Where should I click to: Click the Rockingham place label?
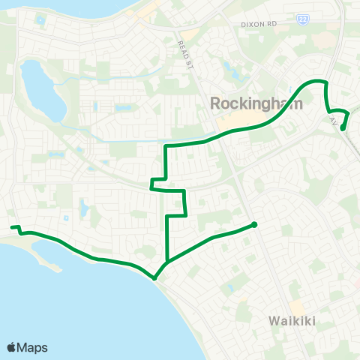click(x=257, y=103)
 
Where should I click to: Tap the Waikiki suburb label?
click(x=293, y=322)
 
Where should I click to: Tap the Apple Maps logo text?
click(x=33, y=347)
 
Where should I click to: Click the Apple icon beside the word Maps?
click(x=12, y=347)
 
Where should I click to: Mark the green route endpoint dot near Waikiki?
click(x=254, y=224)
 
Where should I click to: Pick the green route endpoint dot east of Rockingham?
click(x=343, y=128)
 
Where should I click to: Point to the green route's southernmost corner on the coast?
click(x=154, y=277)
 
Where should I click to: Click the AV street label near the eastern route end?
click(x=333, y=120)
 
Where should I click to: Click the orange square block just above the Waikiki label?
click(x=297, y=307)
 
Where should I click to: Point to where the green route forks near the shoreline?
click(x=167, y=262)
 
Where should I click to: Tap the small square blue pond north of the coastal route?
click(x=67, y=218)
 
